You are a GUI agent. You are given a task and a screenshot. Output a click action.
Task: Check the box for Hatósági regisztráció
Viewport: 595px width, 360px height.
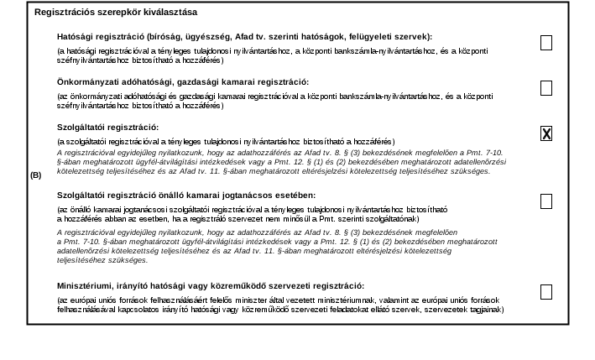(x=546, y=43)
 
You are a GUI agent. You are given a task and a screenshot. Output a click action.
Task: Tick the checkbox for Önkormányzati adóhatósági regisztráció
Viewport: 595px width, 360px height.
(x=546, y=88)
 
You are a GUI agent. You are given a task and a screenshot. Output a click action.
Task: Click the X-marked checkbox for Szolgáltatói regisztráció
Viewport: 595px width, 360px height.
(x=546, y=133)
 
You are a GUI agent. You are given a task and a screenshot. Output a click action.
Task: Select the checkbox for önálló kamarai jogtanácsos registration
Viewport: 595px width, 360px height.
(x=546, y=201)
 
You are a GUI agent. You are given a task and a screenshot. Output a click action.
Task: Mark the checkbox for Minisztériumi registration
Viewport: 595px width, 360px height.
(x=546, y=292)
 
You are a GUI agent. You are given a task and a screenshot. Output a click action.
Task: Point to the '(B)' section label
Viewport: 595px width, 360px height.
(x=36, y=175)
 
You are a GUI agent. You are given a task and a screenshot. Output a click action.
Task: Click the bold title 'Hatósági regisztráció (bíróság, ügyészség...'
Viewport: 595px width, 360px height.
(x=244, y=37)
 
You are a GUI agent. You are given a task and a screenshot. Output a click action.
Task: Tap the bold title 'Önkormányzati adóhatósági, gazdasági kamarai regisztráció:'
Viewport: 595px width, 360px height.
(x=183, y=81)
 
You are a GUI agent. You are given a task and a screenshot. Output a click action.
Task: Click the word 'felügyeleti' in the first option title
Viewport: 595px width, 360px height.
(x=379, y=37)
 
